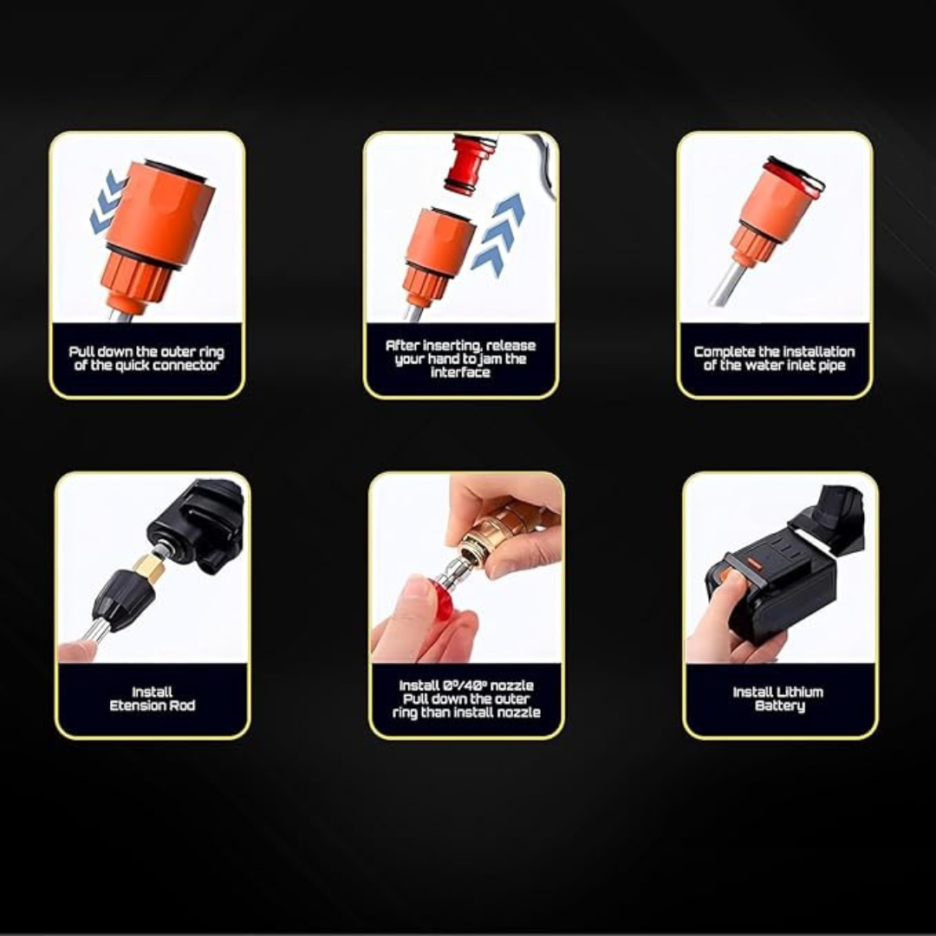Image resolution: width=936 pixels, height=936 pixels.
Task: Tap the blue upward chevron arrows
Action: [497, 235]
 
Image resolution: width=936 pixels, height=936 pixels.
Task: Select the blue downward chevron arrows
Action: [107, 202]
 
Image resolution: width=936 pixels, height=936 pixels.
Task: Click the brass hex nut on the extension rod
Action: [149, 567]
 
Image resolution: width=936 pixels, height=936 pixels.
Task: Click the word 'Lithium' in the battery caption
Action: [800, 692]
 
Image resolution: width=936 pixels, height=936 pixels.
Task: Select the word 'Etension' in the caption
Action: [136, 705]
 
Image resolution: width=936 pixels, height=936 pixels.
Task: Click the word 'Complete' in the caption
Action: [724, 352]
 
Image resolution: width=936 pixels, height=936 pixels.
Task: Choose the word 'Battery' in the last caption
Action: [780, 706]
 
